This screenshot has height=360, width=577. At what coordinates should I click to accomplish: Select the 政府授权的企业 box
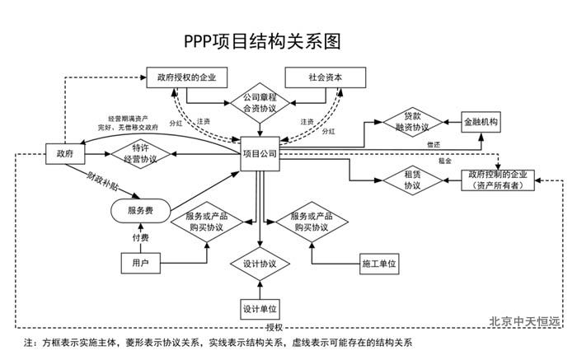tap(185, 77)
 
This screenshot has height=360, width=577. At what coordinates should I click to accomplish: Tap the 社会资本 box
tap(326, 77)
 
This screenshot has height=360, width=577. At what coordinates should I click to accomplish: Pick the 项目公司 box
tap(260, 154)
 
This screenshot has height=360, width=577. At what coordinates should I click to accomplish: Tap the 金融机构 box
tap(481, 122)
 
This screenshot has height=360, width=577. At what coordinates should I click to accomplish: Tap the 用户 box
tap(140, 264)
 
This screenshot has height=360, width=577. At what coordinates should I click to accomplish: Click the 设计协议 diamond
tap(260, 264)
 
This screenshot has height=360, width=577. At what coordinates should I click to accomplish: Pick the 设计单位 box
tap(260, 309)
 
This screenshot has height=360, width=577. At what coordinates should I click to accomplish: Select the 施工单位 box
tap(379, 264)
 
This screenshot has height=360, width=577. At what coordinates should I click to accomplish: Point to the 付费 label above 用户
tap(141, 238)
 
